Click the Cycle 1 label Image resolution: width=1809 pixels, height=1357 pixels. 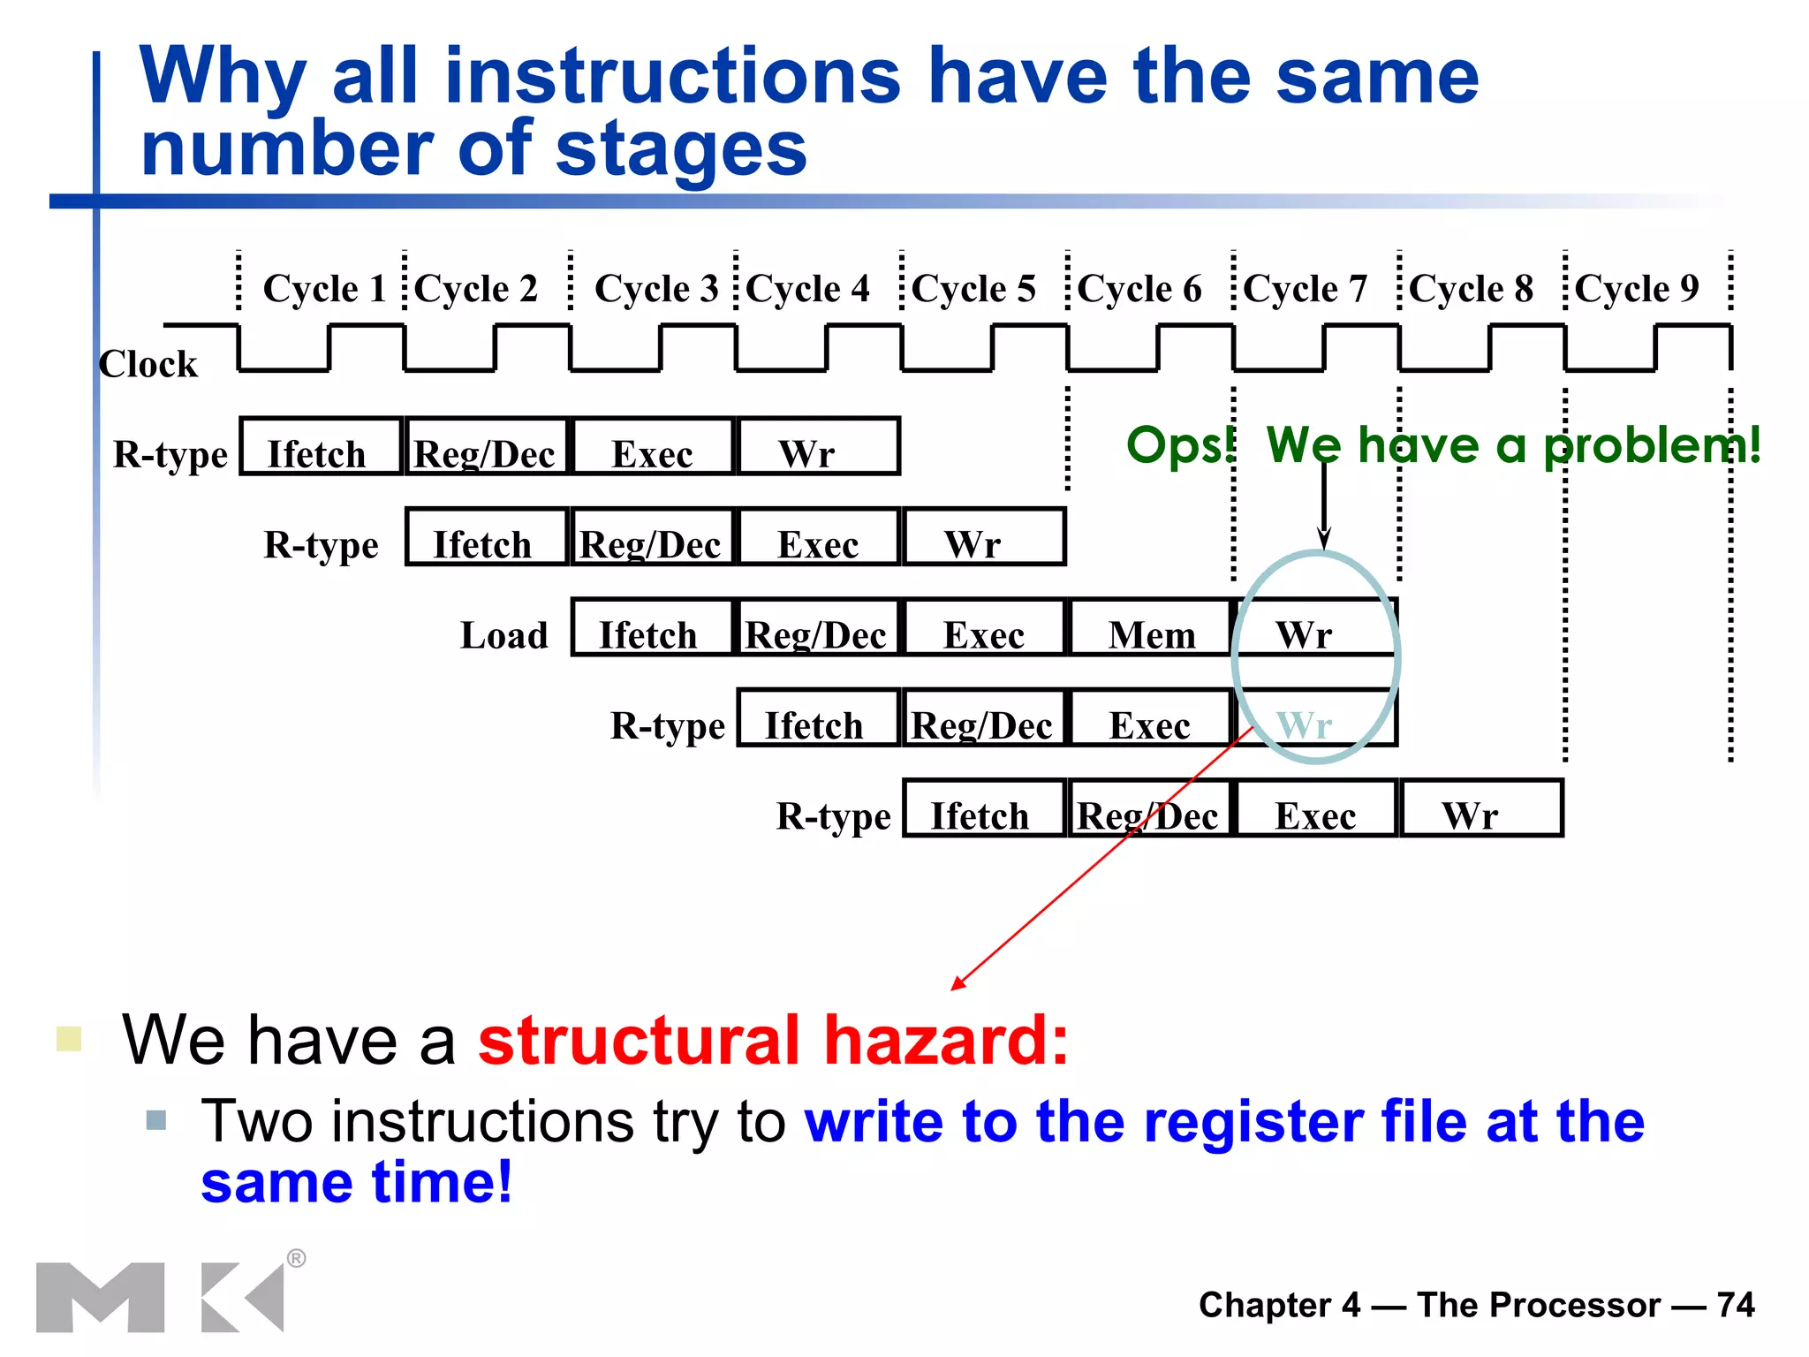324,289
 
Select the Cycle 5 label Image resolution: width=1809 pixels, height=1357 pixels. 973,289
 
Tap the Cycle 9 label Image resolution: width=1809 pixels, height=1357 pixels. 1636,289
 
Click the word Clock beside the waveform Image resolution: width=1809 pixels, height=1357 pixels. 148,364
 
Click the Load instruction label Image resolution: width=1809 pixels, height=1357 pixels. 504,636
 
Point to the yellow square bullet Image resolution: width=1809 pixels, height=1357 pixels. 69,1039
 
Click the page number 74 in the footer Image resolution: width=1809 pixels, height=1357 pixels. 1735,1305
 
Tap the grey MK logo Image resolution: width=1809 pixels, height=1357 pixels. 159,1297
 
